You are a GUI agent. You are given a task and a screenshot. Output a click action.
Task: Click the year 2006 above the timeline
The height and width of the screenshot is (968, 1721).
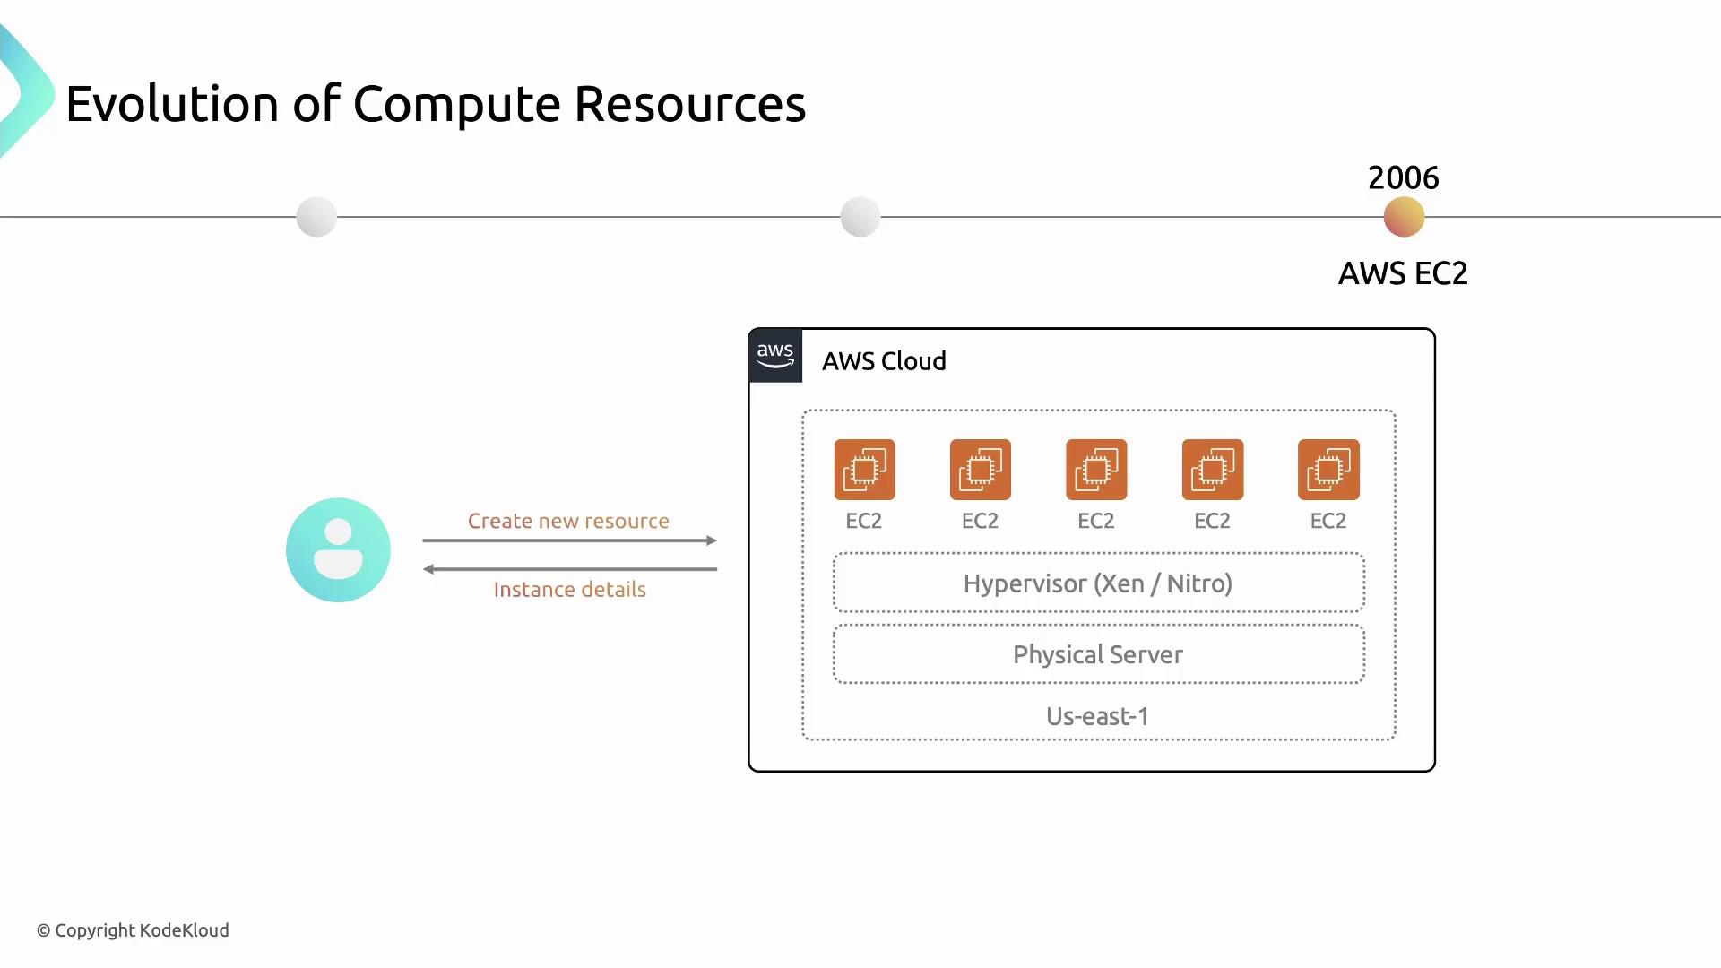1403,177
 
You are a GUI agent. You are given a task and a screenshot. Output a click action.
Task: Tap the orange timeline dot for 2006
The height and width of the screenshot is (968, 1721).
1404,217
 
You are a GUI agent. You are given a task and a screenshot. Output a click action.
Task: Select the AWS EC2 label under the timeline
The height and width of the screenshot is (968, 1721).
1403,273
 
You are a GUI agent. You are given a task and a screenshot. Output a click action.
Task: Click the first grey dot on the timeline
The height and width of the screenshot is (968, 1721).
316,217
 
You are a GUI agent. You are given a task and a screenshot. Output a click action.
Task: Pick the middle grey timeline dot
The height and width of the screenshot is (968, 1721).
860,217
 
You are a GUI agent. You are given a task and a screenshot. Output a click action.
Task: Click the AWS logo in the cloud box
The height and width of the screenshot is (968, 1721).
775,356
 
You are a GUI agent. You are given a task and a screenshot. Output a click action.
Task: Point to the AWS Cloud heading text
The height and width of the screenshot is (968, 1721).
884,361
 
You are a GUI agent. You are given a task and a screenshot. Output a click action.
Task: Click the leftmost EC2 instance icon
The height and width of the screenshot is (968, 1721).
864,470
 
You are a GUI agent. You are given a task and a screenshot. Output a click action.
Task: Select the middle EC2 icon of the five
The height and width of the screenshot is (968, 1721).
1096,470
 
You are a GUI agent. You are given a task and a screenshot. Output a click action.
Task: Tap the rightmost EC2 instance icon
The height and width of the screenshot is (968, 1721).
1328,470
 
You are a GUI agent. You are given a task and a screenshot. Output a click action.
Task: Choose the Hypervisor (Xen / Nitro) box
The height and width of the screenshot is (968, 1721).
1098,583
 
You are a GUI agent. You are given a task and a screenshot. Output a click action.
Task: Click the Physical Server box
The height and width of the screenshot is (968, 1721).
1098,654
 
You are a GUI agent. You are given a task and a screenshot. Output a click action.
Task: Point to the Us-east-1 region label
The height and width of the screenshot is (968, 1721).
1097,716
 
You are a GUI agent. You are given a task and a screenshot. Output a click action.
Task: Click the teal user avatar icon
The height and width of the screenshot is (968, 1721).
338,549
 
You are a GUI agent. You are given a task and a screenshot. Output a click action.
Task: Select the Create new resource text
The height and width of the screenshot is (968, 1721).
568,521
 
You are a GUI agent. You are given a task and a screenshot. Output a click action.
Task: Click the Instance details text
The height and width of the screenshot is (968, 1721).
569,589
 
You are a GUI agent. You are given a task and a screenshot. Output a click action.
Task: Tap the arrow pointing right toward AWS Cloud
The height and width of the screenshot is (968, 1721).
570,540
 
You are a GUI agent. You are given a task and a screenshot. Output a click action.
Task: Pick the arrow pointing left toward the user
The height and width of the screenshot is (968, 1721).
570,569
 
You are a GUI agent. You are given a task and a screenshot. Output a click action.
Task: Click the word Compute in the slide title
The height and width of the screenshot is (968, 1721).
457,104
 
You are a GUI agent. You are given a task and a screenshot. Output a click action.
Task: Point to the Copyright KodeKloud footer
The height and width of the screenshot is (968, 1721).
133,930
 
